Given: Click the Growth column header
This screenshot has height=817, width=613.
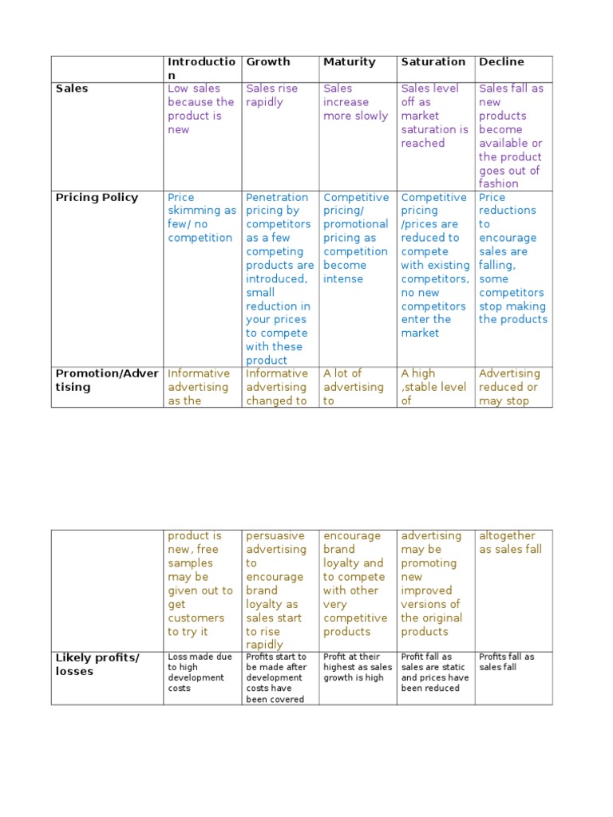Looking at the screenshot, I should pyautogui.click(x=268, y=61).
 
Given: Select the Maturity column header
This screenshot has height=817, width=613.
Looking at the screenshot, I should pyautogui.click(x=349, y=61).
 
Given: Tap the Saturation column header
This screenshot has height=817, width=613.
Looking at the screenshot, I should pyautogui.click(x=433, y=61).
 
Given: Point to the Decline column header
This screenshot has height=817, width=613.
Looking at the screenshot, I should pyautogui.click(x=501, y=61).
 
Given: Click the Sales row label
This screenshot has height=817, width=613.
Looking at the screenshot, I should pyautogui.click(x=72, y=89).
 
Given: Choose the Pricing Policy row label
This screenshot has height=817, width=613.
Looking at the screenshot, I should pyautogui.click(x=97, y=197).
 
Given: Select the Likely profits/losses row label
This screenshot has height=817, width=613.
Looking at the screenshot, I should pyautogui.click(x=97, y=664).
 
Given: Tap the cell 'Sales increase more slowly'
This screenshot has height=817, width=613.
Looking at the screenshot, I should pyautogui.click(x=355, y=102).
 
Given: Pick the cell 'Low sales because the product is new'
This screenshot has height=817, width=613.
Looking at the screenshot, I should pyautogui.click(x=201, y=109).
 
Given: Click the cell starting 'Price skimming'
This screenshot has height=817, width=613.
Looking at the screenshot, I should pyautogui.click(x=201, y=217).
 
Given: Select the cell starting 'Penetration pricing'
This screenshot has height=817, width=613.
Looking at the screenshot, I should pyautogui.click(x=279, y=278).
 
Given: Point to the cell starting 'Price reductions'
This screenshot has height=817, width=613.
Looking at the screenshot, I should pyautogui.click(x=512, y=258).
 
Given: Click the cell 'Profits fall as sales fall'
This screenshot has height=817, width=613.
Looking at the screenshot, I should pyautogui.click(x=507, y=662).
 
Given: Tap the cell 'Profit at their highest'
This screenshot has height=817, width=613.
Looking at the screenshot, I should pyautogui.click(x=357, y=667).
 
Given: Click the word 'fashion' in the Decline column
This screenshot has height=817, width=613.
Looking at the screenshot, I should pyautogui.click(x=498, y=184).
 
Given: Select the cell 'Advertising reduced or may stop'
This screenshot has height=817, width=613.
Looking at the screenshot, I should pyautogui.click(x=509, y=387).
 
